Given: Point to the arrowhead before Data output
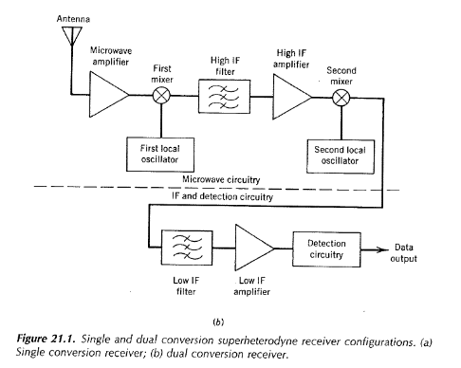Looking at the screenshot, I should click(384, 248).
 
